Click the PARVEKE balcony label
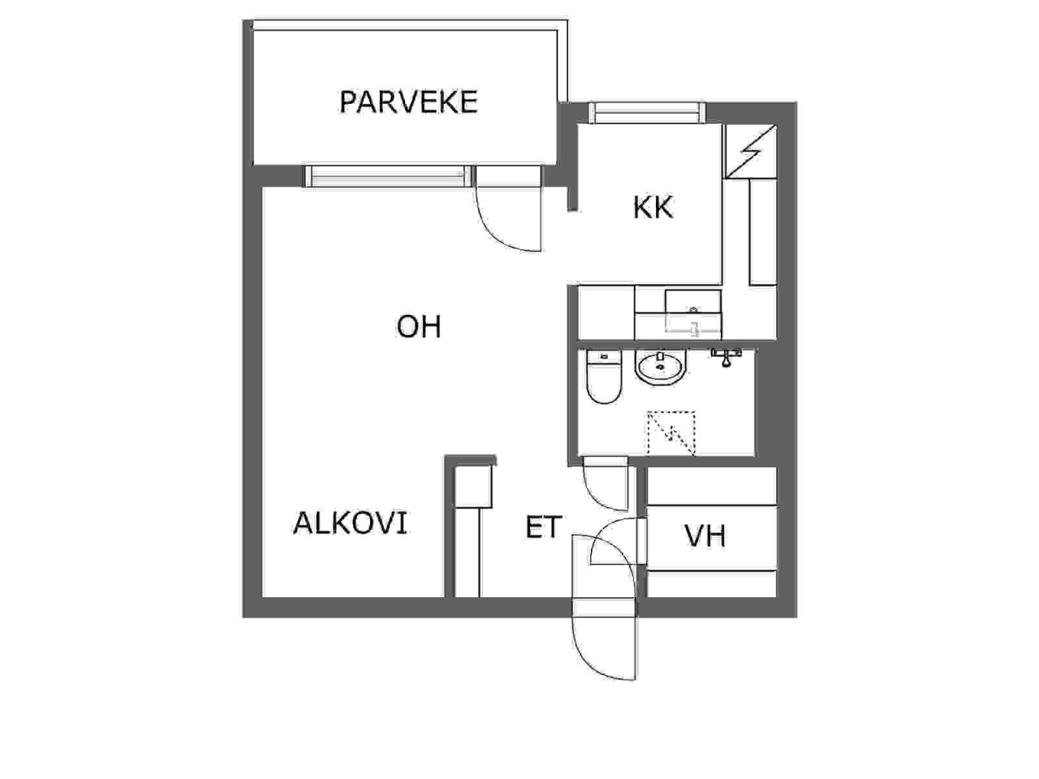point(408,101)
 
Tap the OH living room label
point(419,327)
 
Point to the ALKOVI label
point(351,523)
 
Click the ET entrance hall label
point(544,527)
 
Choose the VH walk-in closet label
point(705,536)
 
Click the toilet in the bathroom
point(604,377)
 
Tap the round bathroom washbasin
point(660,368)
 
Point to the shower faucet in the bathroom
point(726,356)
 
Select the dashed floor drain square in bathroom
point(671,433)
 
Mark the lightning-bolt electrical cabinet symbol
point(750,152)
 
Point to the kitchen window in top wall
point(647,113)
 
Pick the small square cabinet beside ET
point(473,486)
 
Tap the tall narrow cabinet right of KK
point(762,232)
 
